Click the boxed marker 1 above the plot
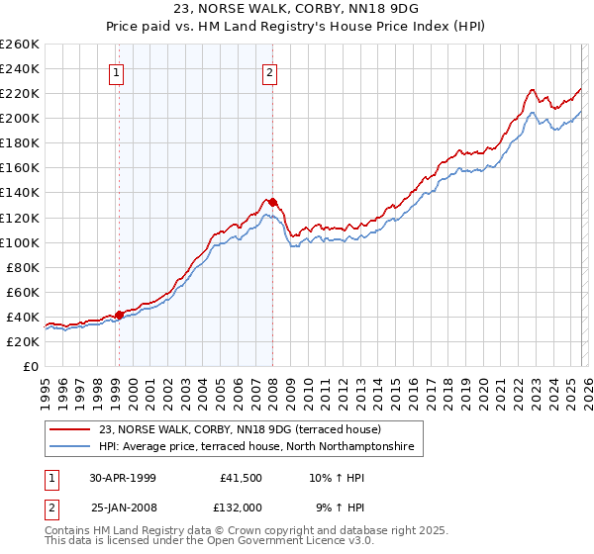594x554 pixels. (x=118, y=71)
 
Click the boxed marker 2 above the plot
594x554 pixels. (x=269, y=71)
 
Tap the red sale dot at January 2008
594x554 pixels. (x=272, y=202)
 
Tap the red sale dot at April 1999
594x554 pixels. (x=119, y=315)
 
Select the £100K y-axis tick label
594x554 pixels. (x=19, y=242)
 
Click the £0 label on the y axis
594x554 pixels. (x=30, y=366)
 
